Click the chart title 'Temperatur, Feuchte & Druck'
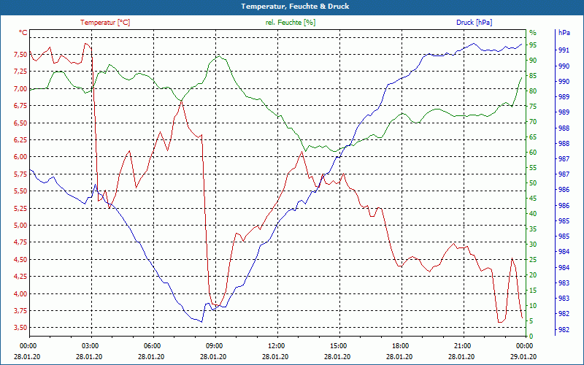tap(291, 6)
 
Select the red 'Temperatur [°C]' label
tap(105, 23)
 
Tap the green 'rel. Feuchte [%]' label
tap(291, 23)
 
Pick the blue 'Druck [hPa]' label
tap(474, 23)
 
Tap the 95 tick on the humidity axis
tap(533, 45)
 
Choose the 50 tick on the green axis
tap(533, 183)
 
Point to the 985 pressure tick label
tap(564, 237)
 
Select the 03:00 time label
tap(90, 345)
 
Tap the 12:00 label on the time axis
tap(276, 345)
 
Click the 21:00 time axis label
tap(462, 345)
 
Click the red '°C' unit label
tap(23, 33)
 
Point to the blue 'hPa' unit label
tap(564, 33)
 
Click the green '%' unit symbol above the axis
tap(533, 33)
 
